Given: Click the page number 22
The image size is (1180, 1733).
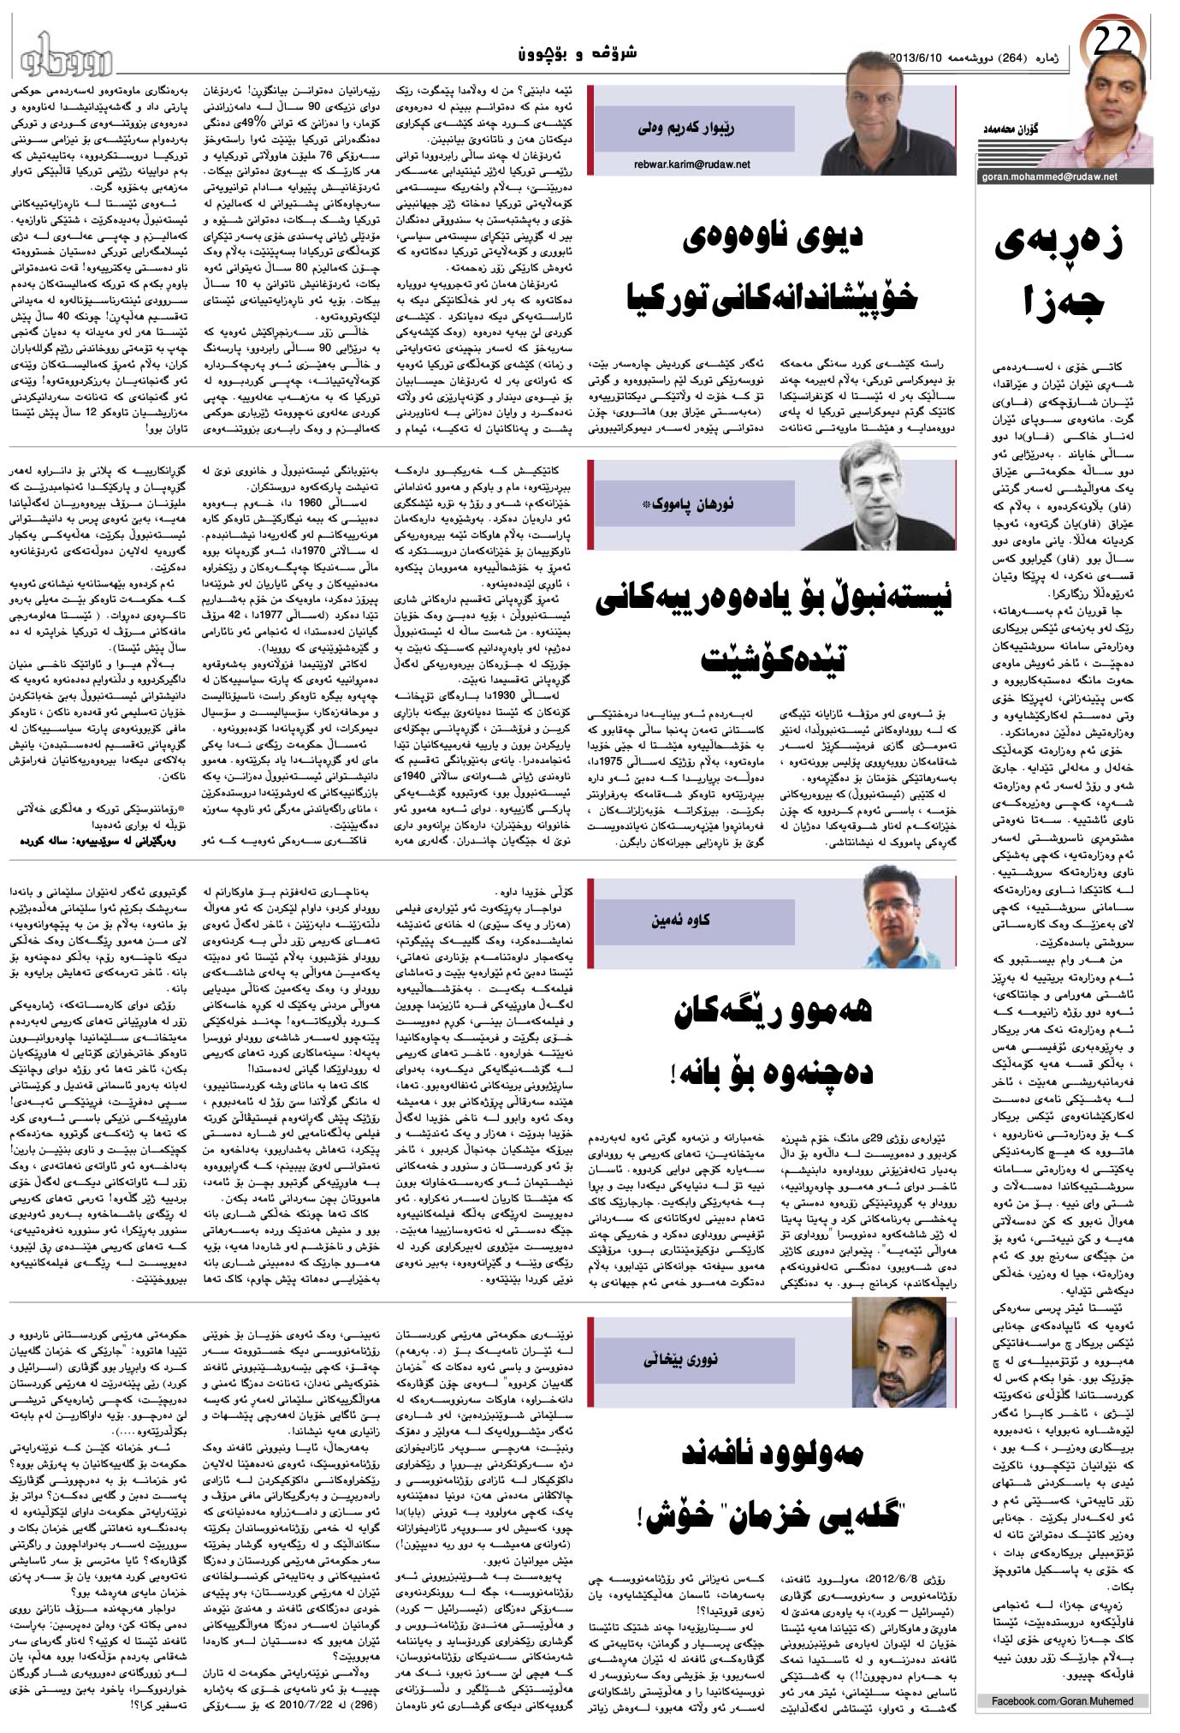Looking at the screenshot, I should pos(1114,39).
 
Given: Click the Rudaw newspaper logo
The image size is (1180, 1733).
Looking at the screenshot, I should pos(65,53).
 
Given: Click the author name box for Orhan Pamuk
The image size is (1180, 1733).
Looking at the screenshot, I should pos(685,506).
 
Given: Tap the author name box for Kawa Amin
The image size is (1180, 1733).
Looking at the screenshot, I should pos(680,920).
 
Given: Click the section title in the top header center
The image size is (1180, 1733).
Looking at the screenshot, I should pos(579,54).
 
